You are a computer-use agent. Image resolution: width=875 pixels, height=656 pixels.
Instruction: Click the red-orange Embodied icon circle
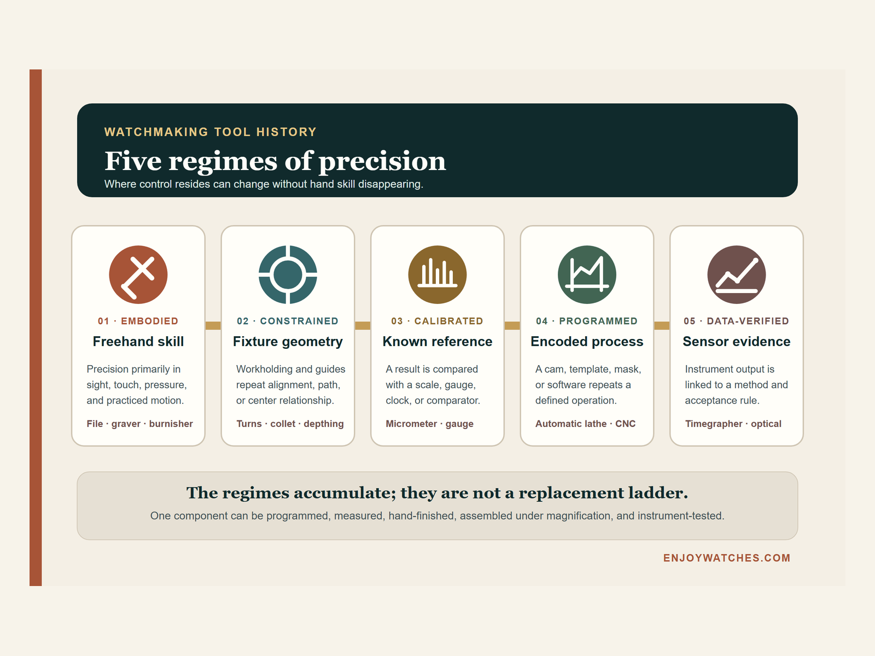(138, 274)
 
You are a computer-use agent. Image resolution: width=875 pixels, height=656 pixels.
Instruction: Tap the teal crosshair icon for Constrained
(288, 274)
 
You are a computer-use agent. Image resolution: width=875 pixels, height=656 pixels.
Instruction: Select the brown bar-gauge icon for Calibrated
(437, 274)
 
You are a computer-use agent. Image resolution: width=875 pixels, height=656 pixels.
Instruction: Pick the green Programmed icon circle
(587, 274)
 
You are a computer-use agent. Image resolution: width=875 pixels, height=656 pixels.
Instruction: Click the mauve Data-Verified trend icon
(736, 274)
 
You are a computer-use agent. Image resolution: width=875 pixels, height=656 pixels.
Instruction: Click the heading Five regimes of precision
(275, 161)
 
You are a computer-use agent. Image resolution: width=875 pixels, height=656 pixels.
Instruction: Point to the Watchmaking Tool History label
(211, 132)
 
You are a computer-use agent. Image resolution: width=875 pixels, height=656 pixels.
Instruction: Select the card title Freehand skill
(138, 341)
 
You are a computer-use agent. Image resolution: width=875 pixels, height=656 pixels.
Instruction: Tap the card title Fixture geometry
(288, 342)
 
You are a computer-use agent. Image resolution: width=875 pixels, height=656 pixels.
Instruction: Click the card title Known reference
(437, 341)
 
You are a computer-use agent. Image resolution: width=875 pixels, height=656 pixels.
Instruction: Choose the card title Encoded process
(587, 342)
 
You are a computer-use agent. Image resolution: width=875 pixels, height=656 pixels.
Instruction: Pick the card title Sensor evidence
(736, 341)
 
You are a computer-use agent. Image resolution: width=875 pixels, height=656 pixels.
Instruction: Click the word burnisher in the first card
(171, 423)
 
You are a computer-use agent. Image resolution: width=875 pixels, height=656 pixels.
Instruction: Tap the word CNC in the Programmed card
(625, 423)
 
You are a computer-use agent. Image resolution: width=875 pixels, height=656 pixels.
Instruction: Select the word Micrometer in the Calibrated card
(411, 423)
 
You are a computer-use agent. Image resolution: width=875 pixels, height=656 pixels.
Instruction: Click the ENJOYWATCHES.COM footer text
(727, 558)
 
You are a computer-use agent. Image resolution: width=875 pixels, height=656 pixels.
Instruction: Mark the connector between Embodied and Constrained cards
(213, 325)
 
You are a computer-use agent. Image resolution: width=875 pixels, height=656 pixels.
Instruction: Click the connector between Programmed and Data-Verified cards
(662, 325)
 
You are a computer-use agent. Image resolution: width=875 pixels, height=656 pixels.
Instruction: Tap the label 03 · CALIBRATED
(437, 321)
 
